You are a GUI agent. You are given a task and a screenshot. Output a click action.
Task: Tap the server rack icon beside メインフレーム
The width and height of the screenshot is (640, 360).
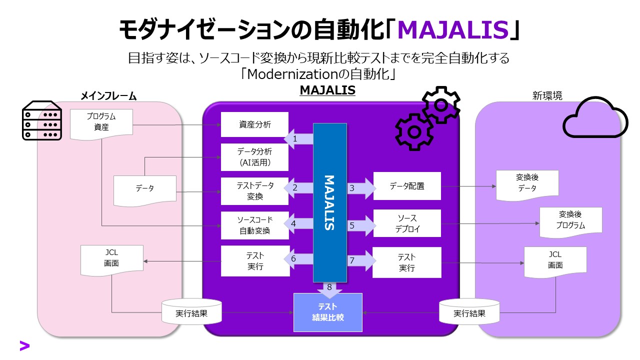(42, 122)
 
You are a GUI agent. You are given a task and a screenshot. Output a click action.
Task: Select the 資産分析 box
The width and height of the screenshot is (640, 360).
(254, 124)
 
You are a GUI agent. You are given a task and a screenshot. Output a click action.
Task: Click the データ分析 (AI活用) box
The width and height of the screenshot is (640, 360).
(254, 157)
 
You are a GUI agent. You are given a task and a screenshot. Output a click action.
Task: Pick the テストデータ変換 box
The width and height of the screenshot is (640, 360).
(254, 191)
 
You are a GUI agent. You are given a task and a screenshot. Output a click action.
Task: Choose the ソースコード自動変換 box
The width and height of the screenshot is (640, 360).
(254, 225)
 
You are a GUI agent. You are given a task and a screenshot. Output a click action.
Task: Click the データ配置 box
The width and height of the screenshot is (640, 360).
(407, 186)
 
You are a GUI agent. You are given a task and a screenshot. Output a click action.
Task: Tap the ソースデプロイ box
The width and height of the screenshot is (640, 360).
(407, 223)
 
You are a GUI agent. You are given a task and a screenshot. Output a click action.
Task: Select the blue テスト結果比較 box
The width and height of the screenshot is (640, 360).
(327, 312)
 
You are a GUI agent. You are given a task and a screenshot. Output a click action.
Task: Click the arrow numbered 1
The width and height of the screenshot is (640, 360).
(298, 139)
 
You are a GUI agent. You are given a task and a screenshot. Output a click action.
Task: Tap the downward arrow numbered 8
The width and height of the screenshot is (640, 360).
(329, 289)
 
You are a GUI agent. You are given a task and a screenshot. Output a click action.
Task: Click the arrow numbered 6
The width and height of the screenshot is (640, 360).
(298, 259)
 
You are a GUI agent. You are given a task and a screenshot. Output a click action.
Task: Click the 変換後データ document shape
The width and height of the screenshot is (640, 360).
(527, 183)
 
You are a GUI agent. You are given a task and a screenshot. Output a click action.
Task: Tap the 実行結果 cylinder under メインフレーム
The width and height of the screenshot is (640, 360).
(191, 312)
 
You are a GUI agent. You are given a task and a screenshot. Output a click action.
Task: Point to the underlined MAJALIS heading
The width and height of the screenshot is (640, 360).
(327, 90)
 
